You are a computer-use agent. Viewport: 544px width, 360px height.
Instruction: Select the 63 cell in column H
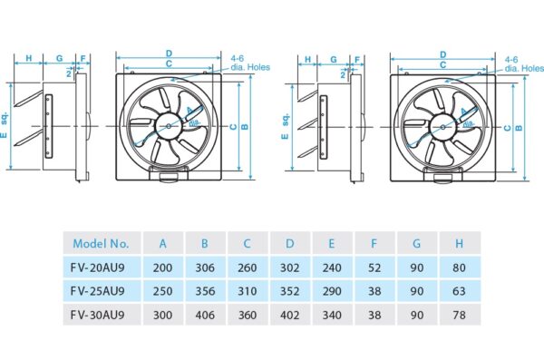(x=460, y=290)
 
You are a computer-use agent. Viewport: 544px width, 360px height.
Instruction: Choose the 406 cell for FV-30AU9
(x=206, y=314)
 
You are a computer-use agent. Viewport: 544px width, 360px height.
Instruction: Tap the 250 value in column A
(x=163, y=290)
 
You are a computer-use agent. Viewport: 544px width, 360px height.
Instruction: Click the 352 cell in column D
(x=290, y=290)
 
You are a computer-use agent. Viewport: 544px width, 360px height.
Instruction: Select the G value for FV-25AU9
(x=417, y=290)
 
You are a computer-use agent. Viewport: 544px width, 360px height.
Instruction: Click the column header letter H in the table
(x=460, y=243)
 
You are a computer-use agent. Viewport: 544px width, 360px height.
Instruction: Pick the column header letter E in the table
(x=333, y=243)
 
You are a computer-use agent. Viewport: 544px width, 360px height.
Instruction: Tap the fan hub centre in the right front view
(x=443, y=125)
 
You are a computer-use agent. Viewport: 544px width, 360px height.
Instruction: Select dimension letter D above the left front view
(x=169, y=54)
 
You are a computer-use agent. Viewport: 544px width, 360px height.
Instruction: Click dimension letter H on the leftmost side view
(x=28, y=59)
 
